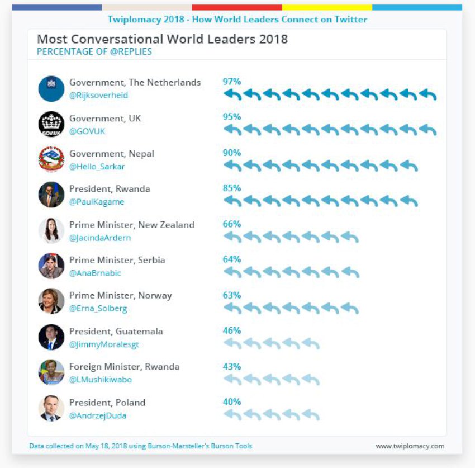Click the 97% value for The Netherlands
pos(232,82)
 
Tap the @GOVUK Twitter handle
pos(87,131)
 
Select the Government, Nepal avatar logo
pos(51,159)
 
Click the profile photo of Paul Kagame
pos(51,195)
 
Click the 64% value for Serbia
pos(232,259)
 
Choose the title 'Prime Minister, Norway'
pos(121,295)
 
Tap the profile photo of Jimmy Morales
pos(51,337)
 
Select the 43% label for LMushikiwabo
pos(232,367)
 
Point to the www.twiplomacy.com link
pos(410,446)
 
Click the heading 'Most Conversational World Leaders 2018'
pos(162,39)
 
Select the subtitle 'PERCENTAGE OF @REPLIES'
pos(94,52)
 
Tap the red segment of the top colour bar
pos(237,8)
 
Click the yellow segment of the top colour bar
pos(327,8)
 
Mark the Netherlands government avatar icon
pos(51,88)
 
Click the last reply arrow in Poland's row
pos(311,415)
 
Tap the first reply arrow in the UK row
pos(232,130)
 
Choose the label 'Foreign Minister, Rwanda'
pos(125,367)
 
